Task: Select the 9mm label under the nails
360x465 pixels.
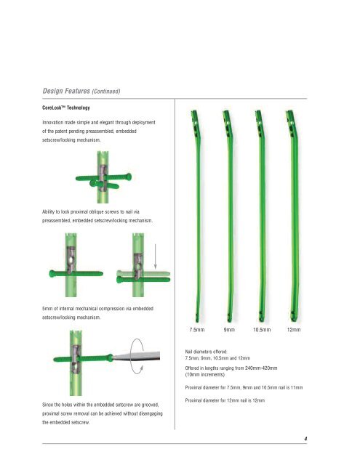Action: [233, 329]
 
